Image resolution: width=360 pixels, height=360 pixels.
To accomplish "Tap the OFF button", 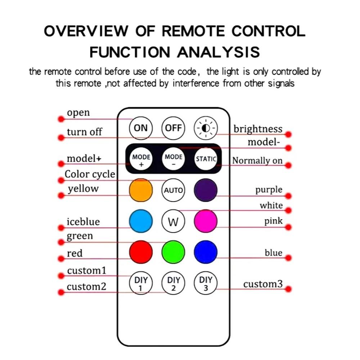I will point(174,128).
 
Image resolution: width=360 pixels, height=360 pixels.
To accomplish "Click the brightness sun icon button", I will point(206,128).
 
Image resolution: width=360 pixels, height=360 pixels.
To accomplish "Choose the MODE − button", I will point(174,159).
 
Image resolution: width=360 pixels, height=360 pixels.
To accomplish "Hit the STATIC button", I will point(206,159).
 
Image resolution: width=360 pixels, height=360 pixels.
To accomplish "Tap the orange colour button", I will point(141,190).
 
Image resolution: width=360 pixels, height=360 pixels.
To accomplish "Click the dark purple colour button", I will point(206,190).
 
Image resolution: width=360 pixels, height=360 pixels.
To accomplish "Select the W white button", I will point(174,221).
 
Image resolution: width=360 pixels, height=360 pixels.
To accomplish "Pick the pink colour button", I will point(206,221).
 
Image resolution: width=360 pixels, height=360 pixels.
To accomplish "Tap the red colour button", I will point(141,252).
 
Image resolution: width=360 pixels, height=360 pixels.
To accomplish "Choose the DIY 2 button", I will point(174,283).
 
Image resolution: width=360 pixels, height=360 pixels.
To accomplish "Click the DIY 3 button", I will point(206,283).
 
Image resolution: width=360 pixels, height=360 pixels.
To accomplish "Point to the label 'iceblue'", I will point(83,221).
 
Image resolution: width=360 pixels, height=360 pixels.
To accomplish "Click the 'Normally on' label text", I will point(257,161).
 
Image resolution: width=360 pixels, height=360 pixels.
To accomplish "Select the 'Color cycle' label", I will point(90,175).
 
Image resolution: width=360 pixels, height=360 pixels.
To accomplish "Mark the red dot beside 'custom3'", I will point(288,289).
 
